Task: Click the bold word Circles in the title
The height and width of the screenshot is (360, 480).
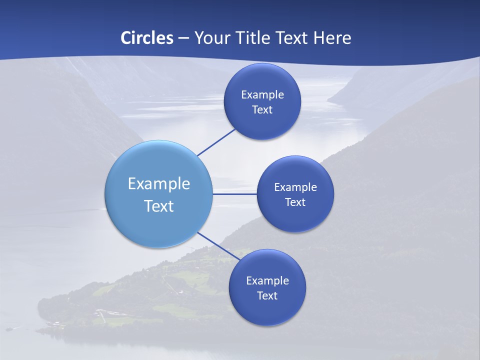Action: coord(146,38)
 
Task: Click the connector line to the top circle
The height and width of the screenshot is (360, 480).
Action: coord(216,142)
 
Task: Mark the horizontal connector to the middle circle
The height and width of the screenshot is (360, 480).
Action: coord(234,194)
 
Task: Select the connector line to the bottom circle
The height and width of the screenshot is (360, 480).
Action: coord(218,246)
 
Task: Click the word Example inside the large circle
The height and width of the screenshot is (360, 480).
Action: coord(159,184)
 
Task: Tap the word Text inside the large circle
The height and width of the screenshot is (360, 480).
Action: coord(159,206)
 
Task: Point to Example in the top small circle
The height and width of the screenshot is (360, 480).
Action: coord(262,95)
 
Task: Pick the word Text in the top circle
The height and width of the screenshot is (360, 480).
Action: coord(262,110)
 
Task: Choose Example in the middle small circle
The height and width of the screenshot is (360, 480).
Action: coord(295,187)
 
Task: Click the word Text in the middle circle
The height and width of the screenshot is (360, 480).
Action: coord(295,202)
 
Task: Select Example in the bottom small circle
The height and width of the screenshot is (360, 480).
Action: coord(267,281)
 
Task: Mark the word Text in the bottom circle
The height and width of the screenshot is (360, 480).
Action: coord(267,296)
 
